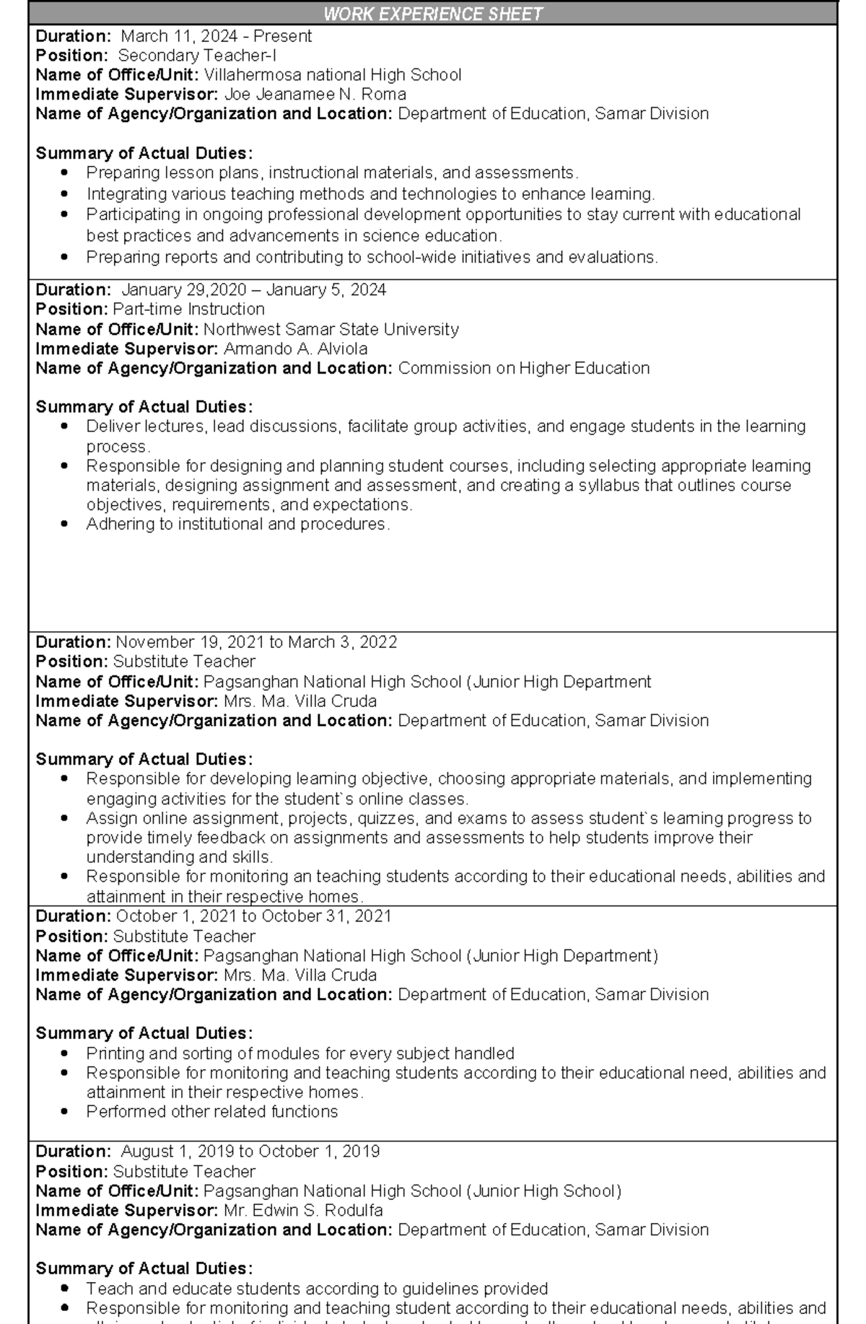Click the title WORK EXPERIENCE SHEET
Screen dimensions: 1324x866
pyautogui.click(x=432, y=14)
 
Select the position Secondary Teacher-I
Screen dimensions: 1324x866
pyautogui.click(x=197, y=56)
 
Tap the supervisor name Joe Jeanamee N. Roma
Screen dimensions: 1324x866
pyautogui.click(x=315, y=95)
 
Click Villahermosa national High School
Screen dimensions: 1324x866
pyautogui.click(x=332, y=75)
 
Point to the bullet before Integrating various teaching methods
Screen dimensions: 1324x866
pyautogui.click(x=66, y=194)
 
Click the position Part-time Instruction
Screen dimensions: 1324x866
pyautogui.click(x=189, y=310)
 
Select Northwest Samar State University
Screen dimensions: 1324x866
pyautogui.click(x=331, y=330)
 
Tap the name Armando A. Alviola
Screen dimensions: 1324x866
pyautogui.click(x=295, y=349)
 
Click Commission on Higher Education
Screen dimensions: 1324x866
pyautogui.click(x=524, y=369)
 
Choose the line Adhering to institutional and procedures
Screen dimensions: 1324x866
pyautogui.click(x=238, y=525)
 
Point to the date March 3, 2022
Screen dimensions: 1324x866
pyautogui.click(x=342, y=642)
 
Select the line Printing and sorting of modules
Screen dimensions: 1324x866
pyautogui.click(x=300, y=1053)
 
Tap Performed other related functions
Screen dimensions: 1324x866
pyautogui.click(x=212, y=1112)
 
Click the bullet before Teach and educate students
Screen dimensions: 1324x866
pyautogui.click(x=66, y=1289)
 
